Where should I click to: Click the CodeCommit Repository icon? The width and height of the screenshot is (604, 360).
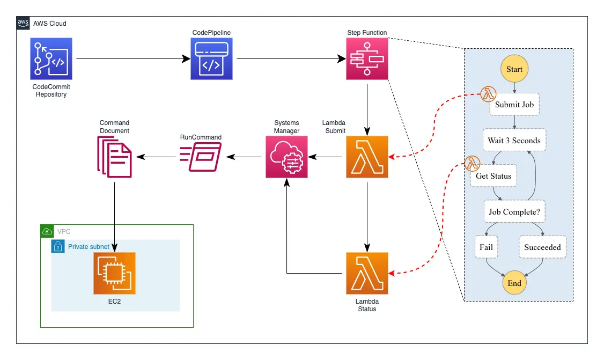tap(51, 58)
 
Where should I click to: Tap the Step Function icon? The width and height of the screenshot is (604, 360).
tap(367, 58)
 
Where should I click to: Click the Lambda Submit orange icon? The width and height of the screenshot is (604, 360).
tap(367, 157)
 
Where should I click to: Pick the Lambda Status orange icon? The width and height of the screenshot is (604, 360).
tap(367, 273)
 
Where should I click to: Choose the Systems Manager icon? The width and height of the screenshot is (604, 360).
tap(286, 157)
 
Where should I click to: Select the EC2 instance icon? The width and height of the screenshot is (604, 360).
tap(114, 273)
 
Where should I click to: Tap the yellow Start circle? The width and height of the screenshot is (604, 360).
tap(514, 69)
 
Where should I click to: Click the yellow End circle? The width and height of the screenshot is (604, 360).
tap(514, 283)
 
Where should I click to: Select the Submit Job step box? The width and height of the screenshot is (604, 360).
tap(514, 105)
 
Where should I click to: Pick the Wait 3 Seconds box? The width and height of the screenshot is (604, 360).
tap(514, 141)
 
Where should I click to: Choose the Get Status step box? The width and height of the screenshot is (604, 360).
tap(493, 176)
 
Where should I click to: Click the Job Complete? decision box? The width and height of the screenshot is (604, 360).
tap(514, 211)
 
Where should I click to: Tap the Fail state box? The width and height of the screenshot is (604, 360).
tap(486, 247)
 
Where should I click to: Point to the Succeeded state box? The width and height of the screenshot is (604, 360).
tap(542, 247)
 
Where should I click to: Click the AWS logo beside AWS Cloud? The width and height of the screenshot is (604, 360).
tap(23, 23)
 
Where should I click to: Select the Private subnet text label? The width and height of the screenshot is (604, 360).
tap(89, 247)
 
